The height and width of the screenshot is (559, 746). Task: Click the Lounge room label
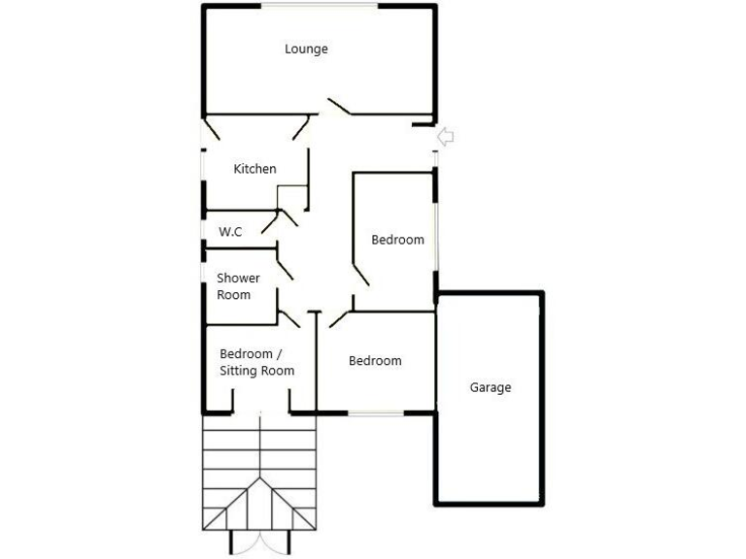pos(306,49)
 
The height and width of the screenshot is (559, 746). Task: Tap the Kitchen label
pos(255,169)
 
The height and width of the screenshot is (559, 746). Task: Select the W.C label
pos(230,232)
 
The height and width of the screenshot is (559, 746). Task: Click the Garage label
pos(491,387)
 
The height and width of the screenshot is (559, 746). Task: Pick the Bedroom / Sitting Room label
pos(256,362)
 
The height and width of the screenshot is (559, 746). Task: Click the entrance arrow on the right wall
pos(447,136)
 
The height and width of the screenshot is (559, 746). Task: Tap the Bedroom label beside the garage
pos(375,361)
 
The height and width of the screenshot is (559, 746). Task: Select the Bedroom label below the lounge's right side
pos(398,240)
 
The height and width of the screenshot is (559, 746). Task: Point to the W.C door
pos(286,219)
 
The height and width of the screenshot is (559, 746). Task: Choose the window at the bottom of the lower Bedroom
pos(376,413)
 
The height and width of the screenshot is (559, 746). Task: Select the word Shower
pos(238,279)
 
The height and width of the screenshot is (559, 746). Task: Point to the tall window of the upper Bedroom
pos(436,233)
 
